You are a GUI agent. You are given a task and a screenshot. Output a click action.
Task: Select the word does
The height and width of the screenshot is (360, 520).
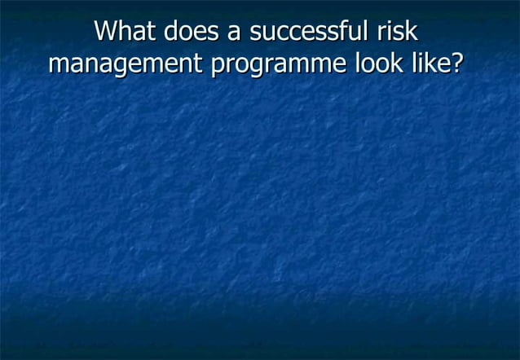(x=187, y=32)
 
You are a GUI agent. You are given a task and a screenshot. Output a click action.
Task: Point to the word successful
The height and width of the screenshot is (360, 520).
(x=303, y=32)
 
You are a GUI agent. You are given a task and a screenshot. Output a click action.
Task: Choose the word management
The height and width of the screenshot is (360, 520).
(x=126, y=65)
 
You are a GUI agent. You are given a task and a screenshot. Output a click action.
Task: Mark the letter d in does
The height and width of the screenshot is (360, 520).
(x=170, y=32)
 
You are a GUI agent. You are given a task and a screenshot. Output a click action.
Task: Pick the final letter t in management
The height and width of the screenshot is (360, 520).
(x=201, y=64)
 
